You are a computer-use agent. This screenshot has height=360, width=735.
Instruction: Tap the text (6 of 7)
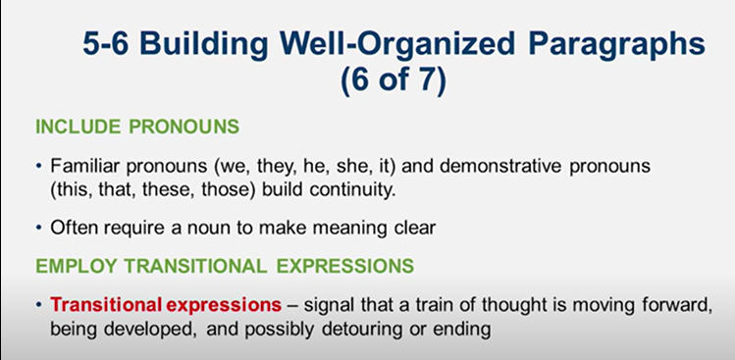coord(393,81)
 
